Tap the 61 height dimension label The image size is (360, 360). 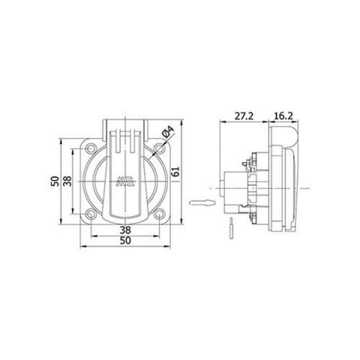(x=174, y=170)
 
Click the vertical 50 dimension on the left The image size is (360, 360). (x=55, y=181)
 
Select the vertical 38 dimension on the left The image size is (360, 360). (x=67, y=181)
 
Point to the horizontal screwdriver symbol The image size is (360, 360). (x=202, y=202)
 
